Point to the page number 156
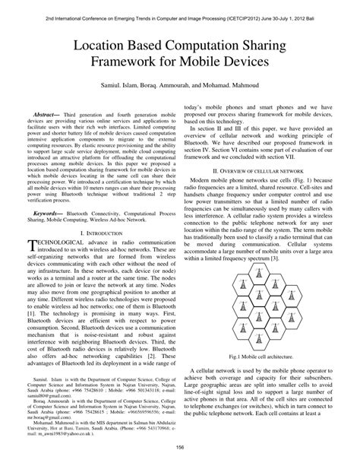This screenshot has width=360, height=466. click(180, 448)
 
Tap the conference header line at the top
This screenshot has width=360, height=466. click(180, 7)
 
